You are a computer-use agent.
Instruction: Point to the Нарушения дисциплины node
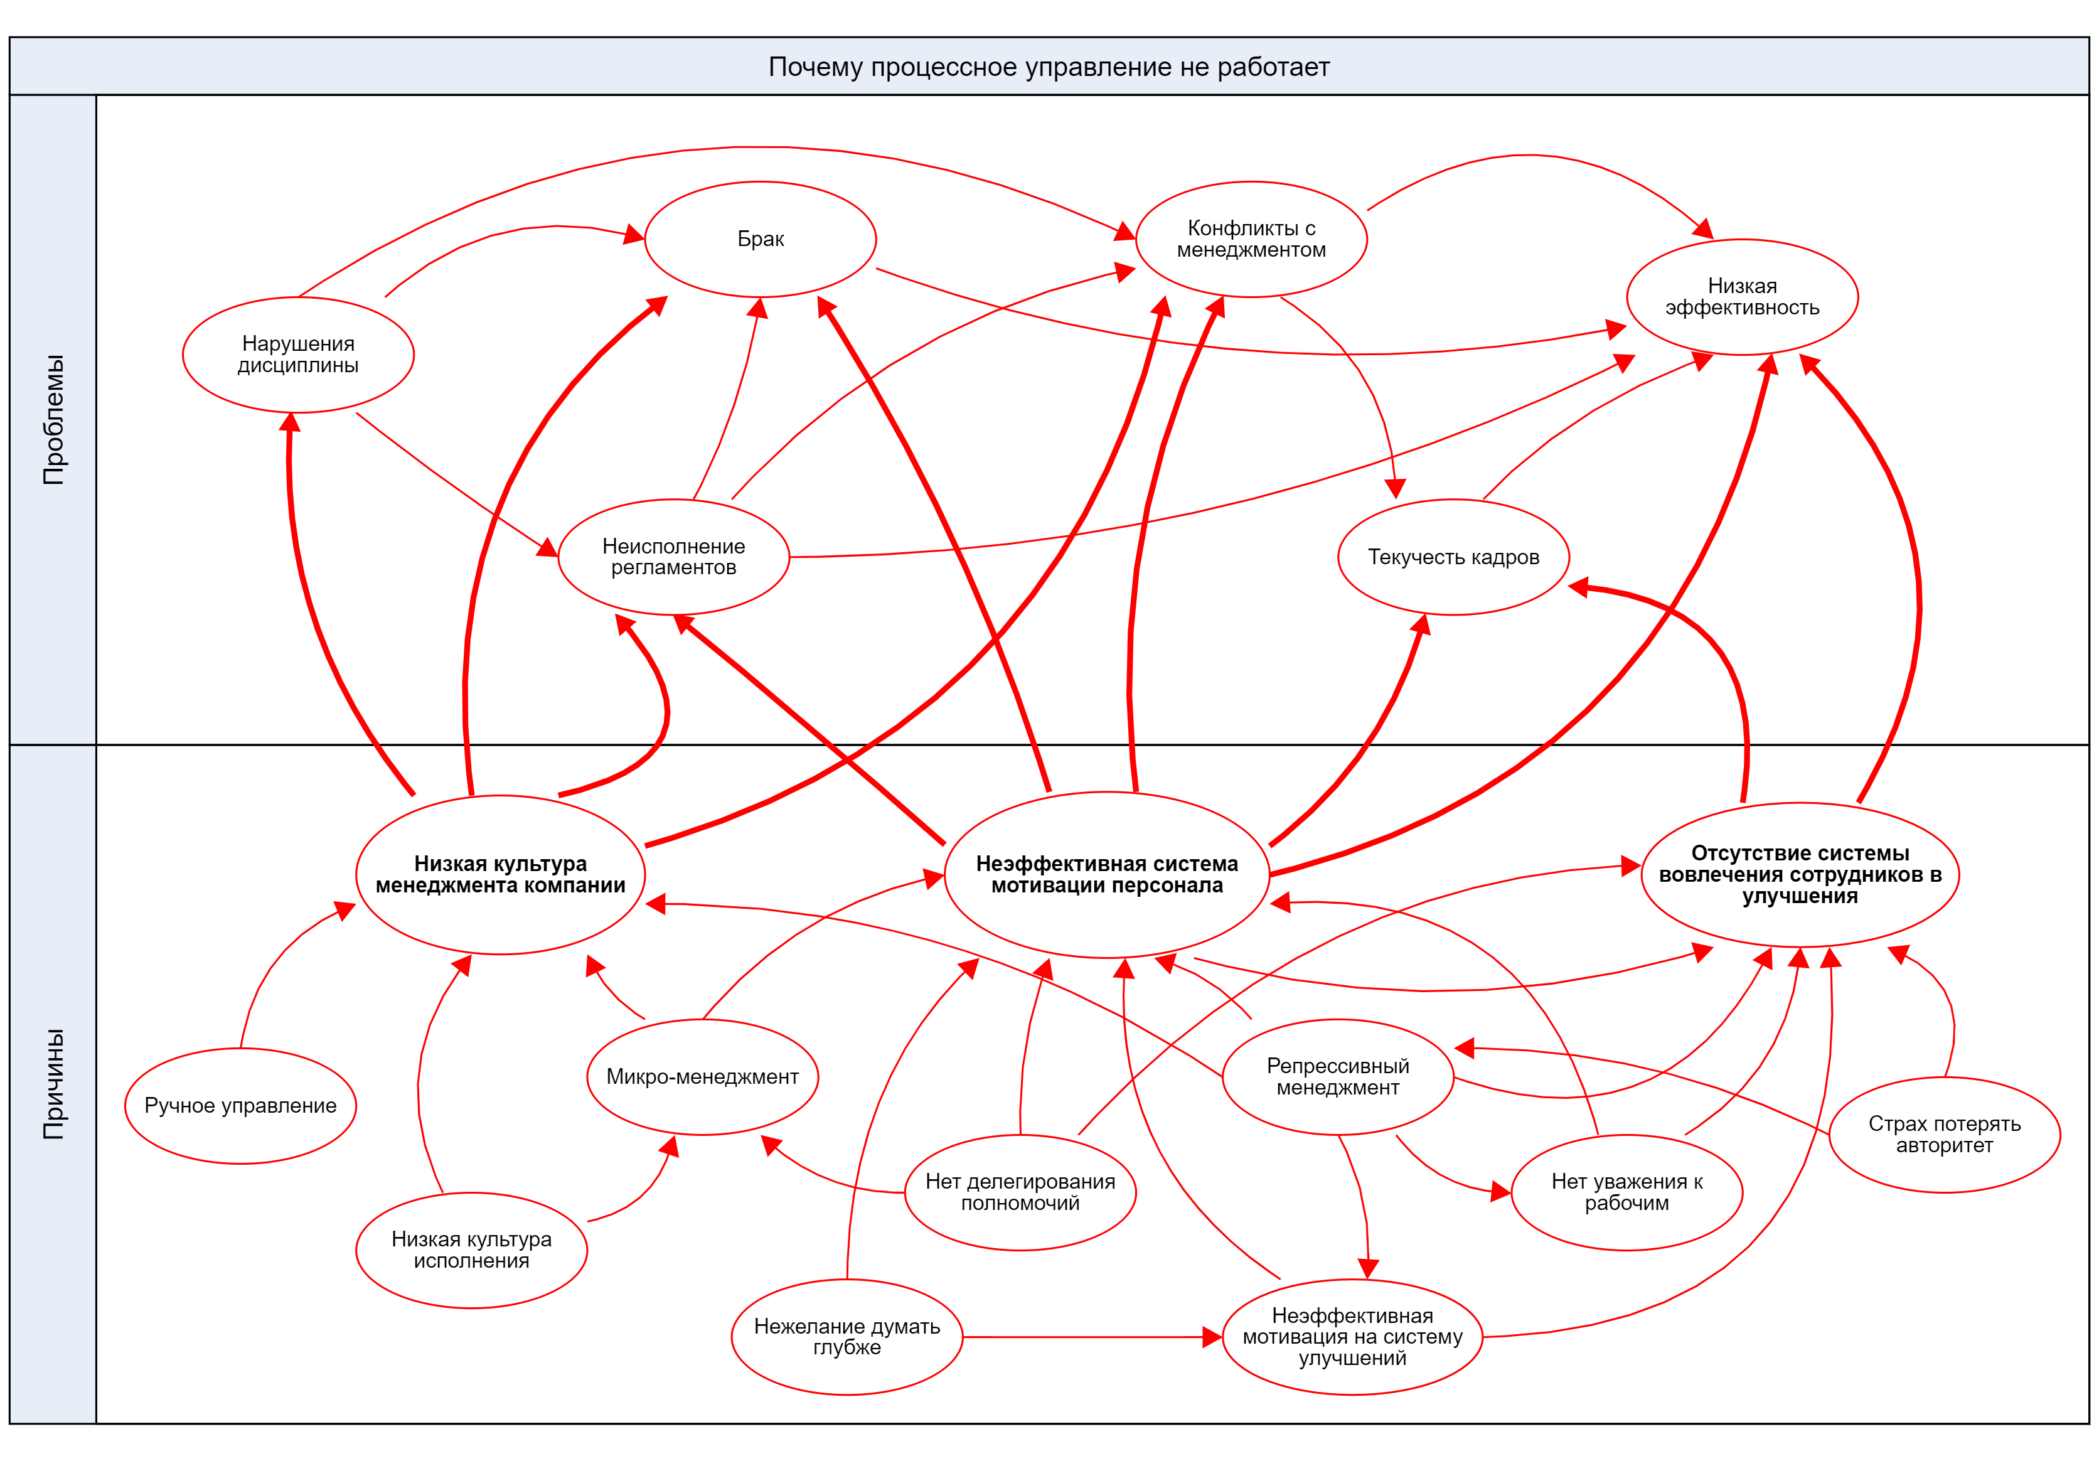pyautogui.click(x=298, y=354)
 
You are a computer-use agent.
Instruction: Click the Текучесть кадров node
pyautogui.click(x=1453, y=556)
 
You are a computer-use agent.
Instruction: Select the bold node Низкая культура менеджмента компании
pyautogui.click(x=500, y=874)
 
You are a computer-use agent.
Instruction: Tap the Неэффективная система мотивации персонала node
pyautogui.click(x=1106, y=874)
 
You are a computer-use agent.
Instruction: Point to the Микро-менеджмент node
pyautogui.click(x=702, y=1076)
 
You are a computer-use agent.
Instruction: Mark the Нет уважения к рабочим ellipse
pyautogui.click(x=1626, y=1192)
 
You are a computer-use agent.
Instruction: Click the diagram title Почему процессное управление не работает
pyautogui.click(x=1049, y=67)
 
